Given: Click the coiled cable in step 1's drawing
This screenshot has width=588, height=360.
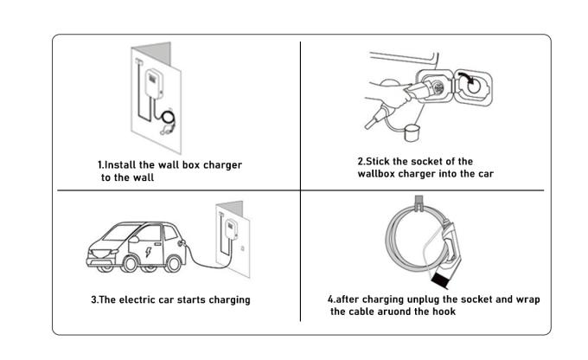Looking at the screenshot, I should click(x=168, y=117).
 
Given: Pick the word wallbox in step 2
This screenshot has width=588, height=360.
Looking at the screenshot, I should click(x=378, y=173).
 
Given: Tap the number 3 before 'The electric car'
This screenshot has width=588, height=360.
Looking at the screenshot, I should click(x=93, y=299).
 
